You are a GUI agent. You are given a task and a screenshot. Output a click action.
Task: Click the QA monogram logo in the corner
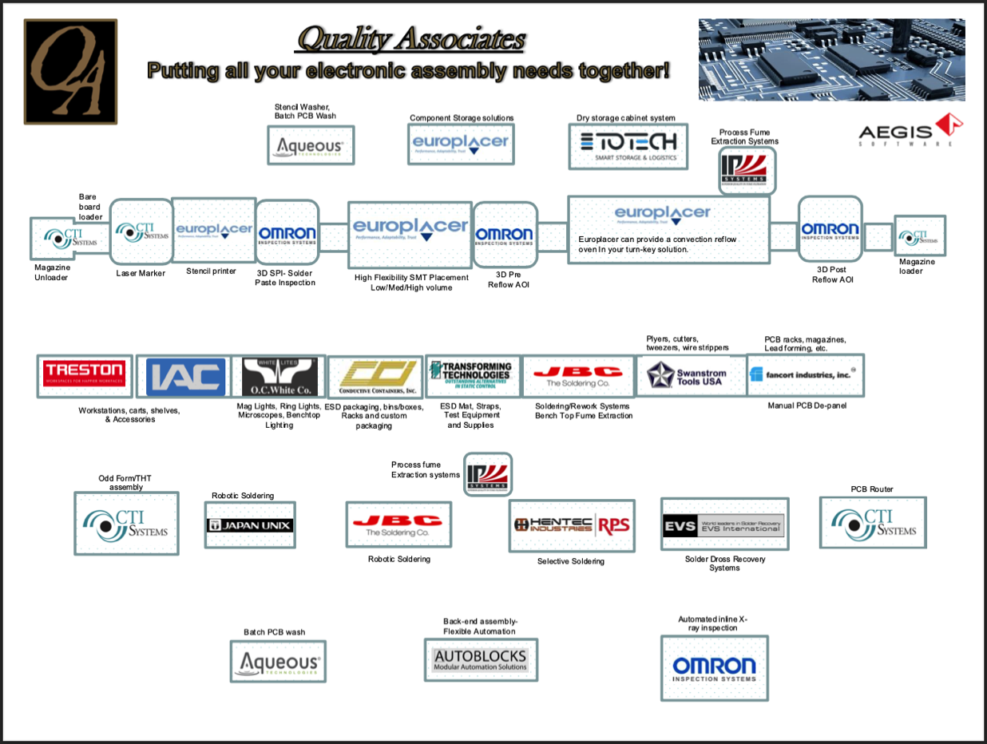(70, 72)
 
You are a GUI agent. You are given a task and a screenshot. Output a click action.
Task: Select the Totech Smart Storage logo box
(627, 145)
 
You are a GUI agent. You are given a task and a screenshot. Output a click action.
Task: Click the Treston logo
(84, 376)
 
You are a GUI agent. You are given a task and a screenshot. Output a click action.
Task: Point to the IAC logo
(186, 377)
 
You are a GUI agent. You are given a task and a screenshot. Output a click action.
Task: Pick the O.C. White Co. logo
(279, 377)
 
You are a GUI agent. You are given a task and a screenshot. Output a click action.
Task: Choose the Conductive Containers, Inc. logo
(375, 378)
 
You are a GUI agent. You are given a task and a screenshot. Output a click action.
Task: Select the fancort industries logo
(805, 374)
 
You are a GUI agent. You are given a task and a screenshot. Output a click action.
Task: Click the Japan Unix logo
(250, 525)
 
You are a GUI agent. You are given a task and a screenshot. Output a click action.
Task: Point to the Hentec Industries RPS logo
(573, 525)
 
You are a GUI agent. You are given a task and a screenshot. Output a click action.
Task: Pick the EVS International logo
(724, 525)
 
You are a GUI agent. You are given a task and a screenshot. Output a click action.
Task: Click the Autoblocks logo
(481, 659)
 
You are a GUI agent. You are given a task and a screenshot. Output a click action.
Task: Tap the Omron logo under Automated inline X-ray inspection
(714, 668)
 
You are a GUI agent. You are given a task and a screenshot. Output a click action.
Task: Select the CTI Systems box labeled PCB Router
(873, 523)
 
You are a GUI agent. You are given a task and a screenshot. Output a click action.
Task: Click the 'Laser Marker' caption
(141, 273)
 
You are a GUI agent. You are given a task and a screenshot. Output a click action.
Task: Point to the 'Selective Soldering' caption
(570, 561)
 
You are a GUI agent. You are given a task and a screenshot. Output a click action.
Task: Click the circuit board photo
(831, 60)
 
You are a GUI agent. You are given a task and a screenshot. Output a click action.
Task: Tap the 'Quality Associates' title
(411, 38)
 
